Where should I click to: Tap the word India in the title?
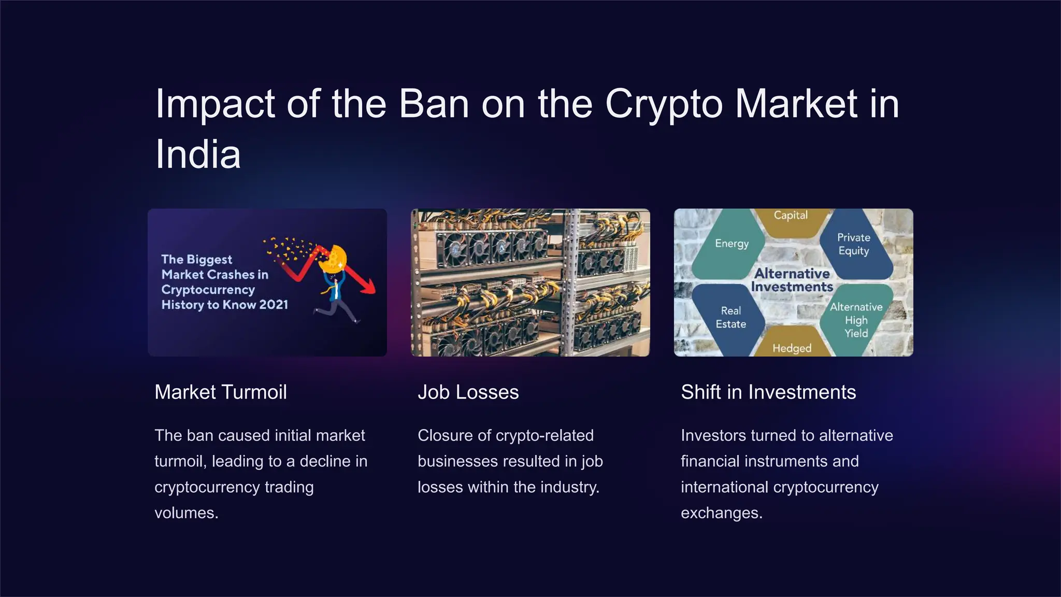pos(198,154)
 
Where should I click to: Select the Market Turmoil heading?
pos(221,392)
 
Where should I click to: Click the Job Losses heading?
pos(468,392)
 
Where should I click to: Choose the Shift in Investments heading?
pos(768,392)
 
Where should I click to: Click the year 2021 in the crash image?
pos(274,305)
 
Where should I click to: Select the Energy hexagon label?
pos(732,244)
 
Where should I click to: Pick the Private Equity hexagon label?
pos(853,244)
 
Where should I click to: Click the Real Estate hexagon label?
pos(730,317)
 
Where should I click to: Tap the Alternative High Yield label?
pos(856,320)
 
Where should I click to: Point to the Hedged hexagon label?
pos(792,348)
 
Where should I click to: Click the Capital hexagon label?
pos(791,215)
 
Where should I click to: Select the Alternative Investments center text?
pos(792,280)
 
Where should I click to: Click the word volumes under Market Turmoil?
pos(186,513)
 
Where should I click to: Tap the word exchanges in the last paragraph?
pos(721,513)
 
